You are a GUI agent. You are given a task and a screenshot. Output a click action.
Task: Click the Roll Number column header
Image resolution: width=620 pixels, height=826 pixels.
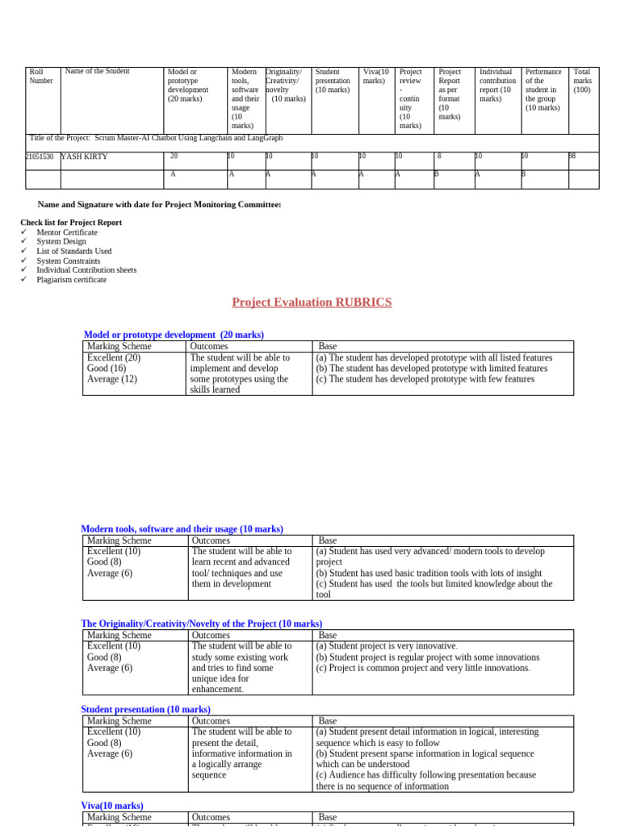(x=41, y=76)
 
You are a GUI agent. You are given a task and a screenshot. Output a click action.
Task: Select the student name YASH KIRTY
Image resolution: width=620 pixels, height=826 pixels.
(x=85, y=156)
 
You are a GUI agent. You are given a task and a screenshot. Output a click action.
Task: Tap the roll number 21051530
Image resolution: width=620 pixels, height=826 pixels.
(x=40, y=156)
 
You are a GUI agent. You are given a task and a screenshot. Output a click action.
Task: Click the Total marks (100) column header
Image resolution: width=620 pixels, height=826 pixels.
(x=582, y=81)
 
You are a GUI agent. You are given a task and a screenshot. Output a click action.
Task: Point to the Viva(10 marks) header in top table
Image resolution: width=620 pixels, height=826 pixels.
(x=375, y=76)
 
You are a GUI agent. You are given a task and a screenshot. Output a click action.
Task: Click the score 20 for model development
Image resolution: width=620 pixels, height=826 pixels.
(x=174, y=156)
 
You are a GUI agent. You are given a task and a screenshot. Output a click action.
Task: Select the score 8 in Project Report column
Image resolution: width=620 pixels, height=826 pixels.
(x=439, y=156)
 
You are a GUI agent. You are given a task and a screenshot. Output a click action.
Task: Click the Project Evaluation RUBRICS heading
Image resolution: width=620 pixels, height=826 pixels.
(x=312, y=302)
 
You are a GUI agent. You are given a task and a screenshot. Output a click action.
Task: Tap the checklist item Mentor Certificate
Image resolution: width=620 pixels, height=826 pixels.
(x=67, y=232)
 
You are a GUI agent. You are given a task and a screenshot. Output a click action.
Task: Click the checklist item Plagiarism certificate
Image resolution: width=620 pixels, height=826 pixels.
(x=71, y=280)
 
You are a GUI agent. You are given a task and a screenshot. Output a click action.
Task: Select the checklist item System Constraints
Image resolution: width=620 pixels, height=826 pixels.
(x=69, y=261)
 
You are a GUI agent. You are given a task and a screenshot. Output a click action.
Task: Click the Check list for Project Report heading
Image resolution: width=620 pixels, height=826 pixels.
(x=71, y=223)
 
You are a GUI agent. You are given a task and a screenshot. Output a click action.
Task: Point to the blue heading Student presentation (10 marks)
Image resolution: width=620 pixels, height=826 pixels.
(x=145, y=710)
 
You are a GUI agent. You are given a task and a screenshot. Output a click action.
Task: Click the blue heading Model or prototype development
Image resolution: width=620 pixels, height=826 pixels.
(x=174, y=335)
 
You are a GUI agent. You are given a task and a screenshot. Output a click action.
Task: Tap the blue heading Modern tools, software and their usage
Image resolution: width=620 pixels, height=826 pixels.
(x=182, y=529)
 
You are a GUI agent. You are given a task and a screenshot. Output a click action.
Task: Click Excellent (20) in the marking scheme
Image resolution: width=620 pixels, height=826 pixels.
(x=114, y=357)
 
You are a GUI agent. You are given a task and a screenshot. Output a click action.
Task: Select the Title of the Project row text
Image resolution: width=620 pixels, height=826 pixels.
(x=156, y=138)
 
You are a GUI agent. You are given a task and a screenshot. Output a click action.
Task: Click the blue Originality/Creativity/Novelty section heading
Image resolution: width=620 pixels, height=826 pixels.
(x=201, y=624)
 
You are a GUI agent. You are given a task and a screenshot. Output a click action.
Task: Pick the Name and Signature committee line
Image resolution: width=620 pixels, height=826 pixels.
(x=160, y=205)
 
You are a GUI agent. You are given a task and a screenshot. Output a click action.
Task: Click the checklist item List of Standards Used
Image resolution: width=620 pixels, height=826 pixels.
(x=74, y=251)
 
